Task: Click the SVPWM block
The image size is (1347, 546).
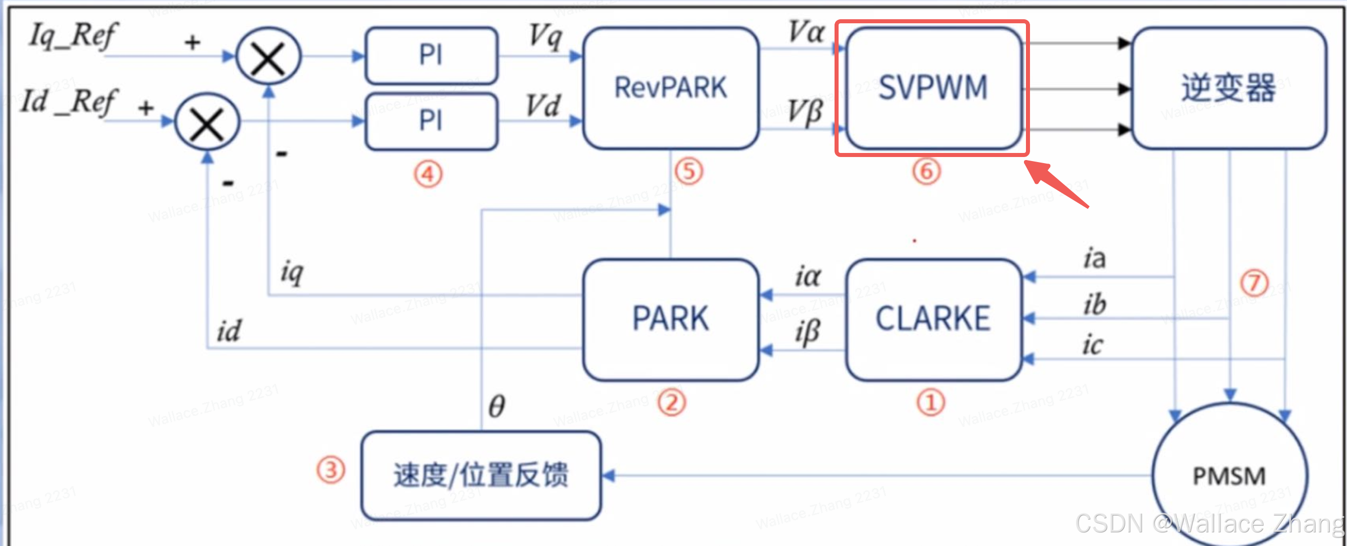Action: click(933, 87)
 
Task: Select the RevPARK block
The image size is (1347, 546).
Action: click(670, 87)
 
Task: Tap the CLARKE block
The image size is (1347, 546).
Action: click(933, 319)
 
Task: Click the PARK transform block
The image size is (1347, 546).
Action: click(670, 319)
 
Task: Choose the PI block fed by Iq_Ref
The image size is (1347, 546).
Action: click(431, 55)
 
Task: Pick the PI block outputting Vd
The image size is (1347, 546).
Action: click(431, 121)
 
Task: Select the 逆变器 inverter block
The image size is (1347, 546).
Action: click(1229, 87)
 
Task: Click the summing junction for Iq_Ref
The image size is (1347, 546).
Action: click(268, 57)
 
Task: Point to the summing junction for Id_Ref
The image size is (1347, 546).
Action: click(207, 123)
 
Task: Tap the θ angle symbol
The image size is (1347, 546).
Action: click(496, 406)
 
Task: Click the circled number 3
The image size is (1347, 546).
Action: click(331, 470)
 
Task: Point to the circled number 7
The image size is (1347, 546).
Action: click(1254, 283)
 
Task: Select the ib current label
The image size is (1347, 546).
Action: click(1094, 304)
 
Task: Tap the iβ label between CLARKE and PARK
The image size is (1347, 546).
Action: click(807, 333)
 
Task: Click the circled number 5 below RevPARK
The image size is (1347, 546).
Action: click(689, 172)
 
